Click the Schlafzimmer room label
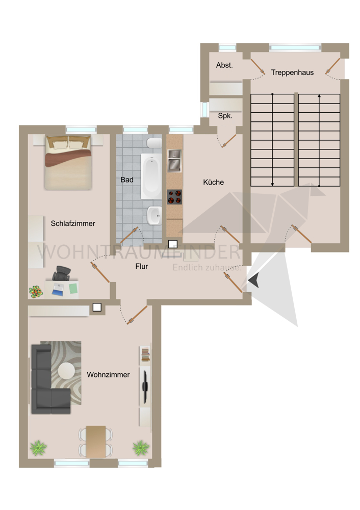[73, 223]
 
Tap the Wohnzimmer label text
[108, 375]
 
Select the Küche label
[213, 182]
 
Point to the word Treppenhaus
[292, 72]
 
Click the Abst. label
[224, 65]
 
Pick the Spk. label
[225, 116]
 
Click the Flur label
[142, 266]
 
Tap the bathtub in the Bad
[151, 176]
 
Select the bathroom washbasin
[153, 216]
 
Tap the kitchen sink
[174, 160]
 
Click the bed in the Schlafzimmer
[67, 161]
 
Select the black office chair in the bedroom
[63, 274]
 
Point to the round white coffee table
[66, 370]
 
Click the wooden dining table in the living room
[96, 441]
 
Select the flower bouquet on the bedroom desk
[36, 292]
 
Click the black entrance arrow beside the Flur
[254, 280]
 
